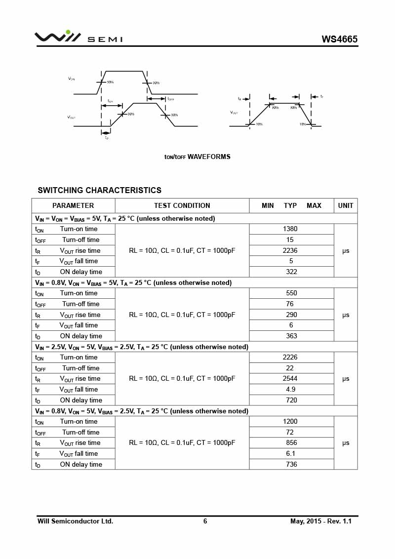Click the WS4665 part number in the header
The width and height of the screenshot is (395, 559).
[x=339, y=40]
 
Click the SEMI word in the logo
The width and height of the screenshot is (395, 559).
[x=105, y=40]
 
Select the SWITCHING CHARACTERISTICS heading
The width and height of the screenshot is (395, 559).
[x=99, y=190]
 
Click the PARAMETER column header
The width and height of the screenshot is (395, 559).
[x=73, y=205]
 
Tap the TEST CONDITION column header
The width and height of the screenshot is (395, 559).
[x=182, y=205]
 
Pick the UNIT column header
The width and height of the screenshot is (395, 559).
[x=346, y=205]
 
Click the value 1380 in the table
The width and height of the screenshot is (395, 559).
[x=290, y=229]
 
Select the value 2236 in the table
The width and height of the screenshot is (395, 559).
[x=290, y=250]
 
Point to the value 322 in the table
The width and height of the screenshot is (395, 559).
[x=291, y=272]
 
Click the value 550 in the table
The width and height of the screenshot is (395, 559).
[x=291, y=293]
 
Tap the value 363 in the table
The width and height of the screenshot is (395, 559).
[x=291, y=336]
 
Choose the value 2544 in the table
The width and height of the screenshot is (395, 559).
[x=290, y=379]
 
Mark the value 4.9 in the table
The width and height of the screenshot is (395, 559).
[x=291, y=390]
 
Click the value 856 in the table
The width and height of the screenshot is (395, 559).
[x=291, y=443]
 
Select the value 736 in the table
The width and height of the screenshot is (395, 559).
[x=291, y=465]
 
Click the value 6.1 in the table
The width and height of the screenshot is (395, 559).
[x=291, y=454]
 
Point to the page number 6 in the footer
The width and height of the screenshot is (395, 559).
[x=205, y=521]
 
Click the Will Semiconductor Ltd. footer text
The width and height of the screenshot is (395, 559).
[x=75, y=521]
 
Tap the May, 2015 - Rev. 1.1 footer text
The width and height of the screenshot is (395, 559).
[x=321, y=521]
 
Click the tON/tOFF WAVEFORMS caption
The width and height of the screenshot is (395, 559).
[x=197, y=157]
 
